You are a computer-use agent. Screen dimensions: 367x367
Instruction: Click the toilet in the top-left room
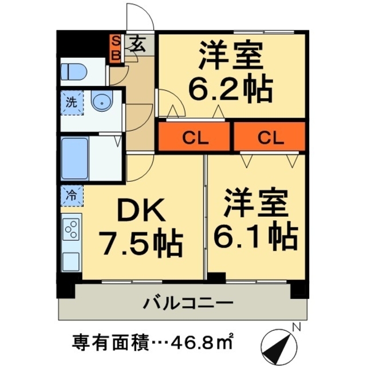[74, 72]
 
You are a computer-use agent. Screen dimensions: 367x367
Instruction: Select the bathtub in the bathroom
[74, 158]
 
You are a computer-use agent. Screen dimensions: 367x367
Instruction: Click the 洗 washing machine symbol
[72, 104]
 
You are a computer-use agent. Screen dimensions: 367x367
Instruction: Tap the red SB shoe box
[115, 48]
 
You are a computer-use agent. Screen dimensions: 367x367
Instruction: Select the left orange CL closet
[195, 138]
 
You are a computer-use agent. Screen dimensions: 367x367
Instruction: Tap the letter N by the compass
[296, 327]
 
